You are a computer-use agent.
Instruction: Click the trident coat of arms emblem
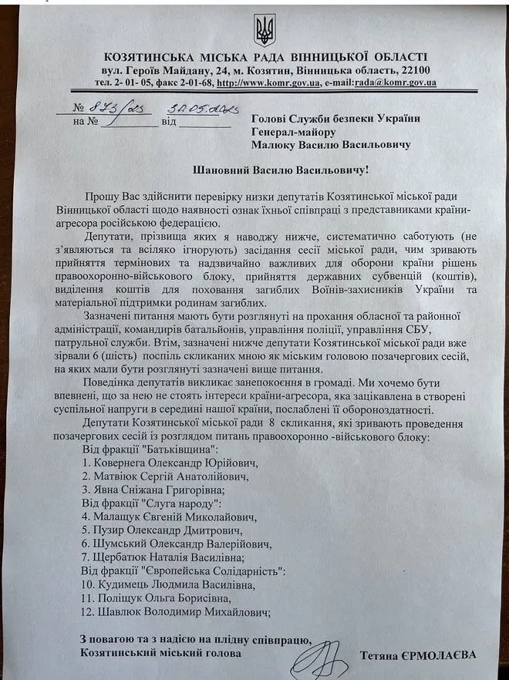click(x=264, y=30)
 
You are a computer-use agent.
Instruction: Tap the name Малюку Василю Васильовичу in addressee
click(x=330, y=144)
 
